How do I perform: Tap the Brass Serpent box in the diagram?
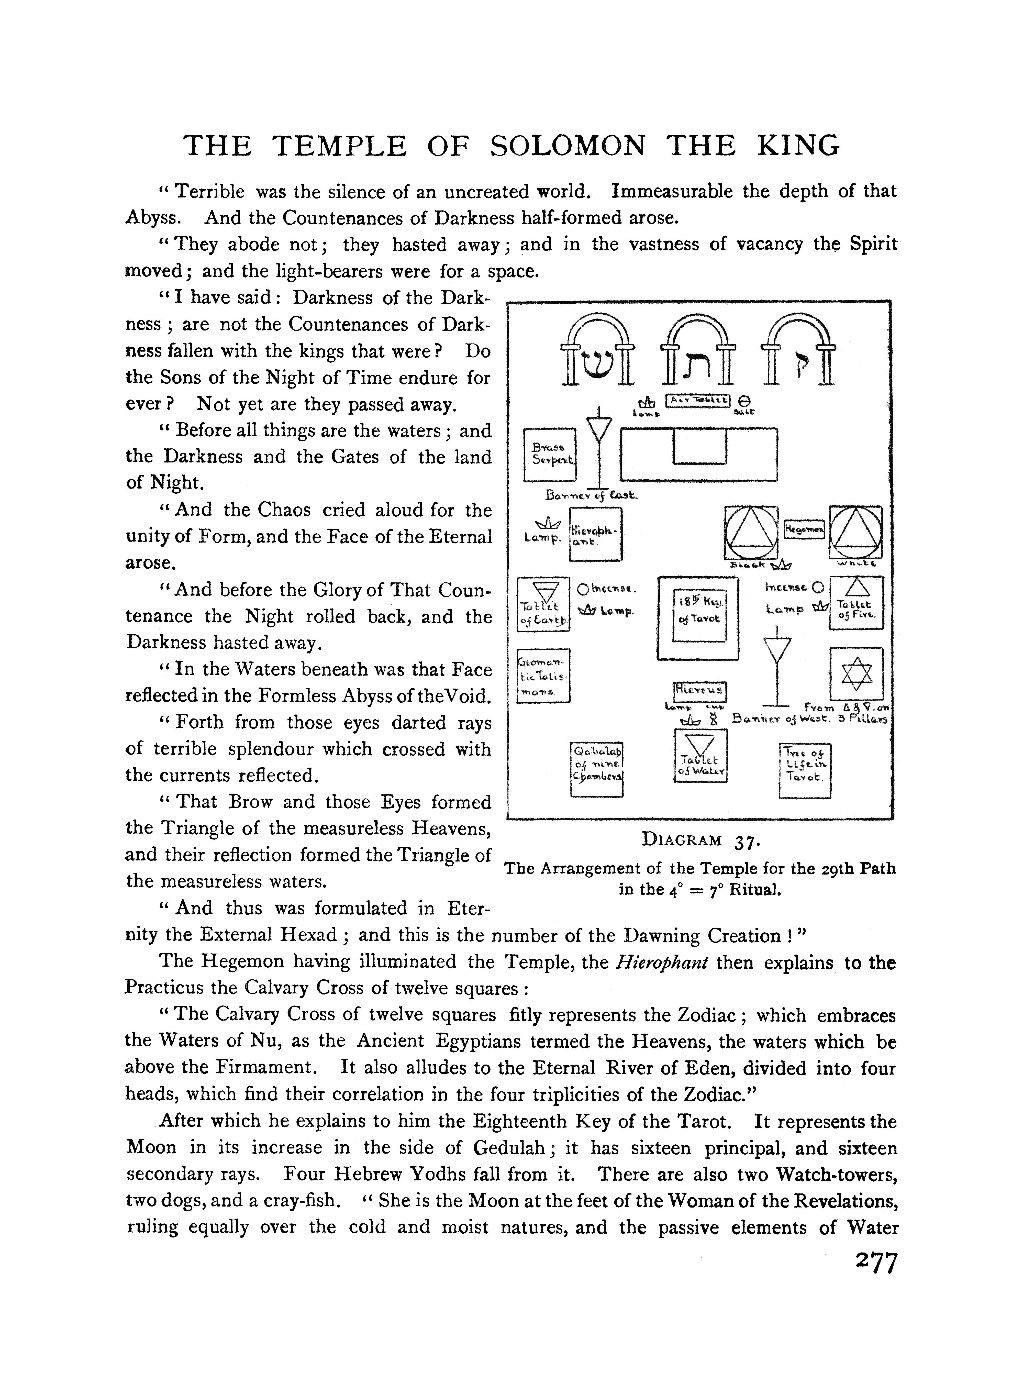click(x=550, y=455)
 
